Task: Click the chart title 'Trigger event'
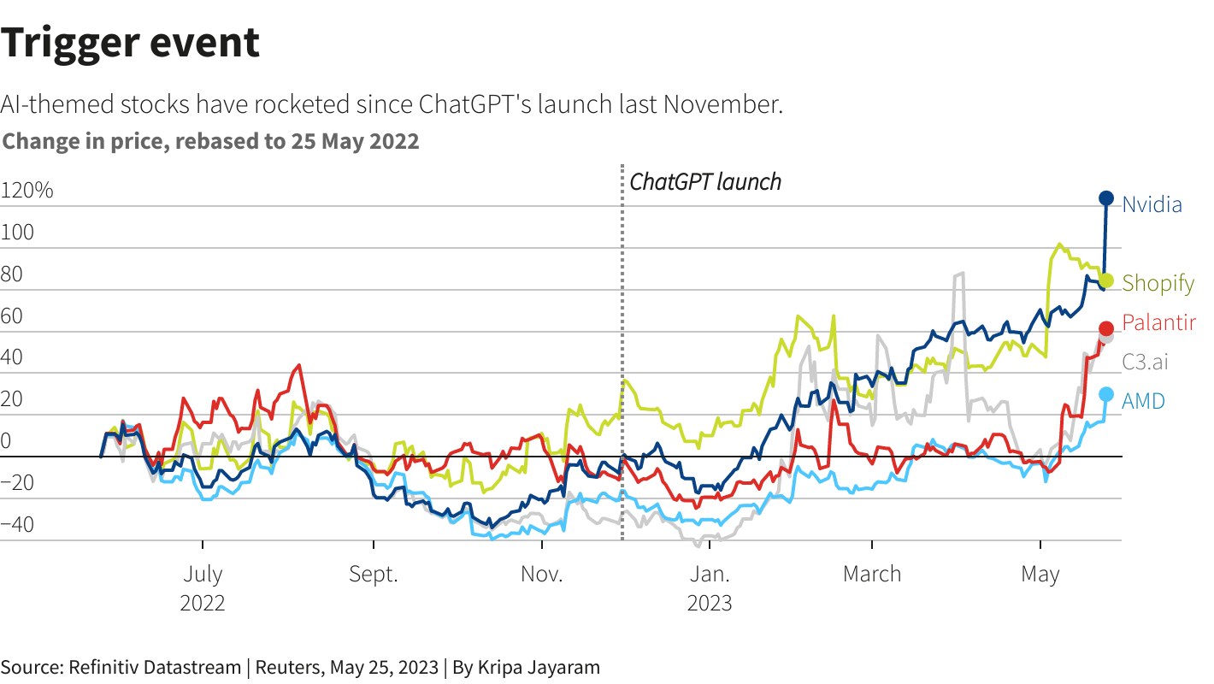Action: pyautogui.click(x=130, y=42)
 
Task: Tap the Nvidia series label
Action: pyautogui.click(x=1152, y=205)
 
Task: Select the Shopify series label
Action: pyautogui.click(x=1158, y=283)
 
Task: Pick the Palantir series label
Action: pyautogui.click(x=1158, y=323)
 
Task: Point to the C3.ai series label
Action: pyautogui.click(x=1145, y=362)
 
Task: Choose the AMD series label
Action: pyautogui.click(x=1143, y=401)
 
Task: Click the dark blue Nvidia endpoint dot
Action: pyautogui.click(x=1105, y=198)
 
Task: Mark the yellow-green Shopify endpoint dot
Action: pyautogui.click(x=1105, y=280)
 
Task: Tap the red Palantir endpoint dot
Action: pyautogui.click(x=1105, y=327)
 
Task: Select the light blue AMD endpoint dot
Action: pyautogui.click(x=1105, y=394)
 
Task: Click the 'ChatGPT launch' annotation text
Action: pyautogui.click(x=705, y=182)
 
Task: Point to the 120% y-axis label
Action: pyautogui.click(x=27, y=191)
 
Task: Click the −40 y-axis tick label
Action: pyautogui.click(x=18, y=525)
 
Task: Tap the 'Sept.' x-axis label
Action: pyautogui.click(x=374, y=574)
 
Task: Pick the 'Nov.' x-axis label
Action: pyautogui.click(x=542, y=574)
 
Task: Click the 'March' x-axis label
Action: pyautogui.click(x=872, y=574)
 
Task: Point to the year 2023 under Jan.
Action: pyautogui.click(x=710, y=604)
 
